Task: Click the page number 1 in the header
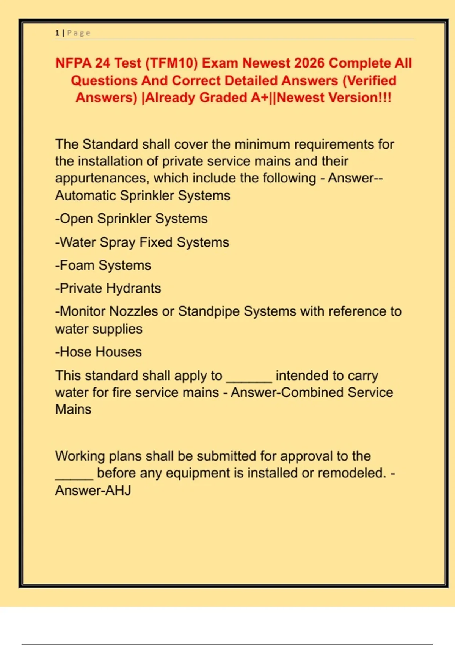57,33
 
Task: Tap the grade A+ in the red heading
260,98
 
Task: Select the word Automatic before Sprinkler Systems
85,196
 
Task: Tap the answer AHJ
118,491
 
